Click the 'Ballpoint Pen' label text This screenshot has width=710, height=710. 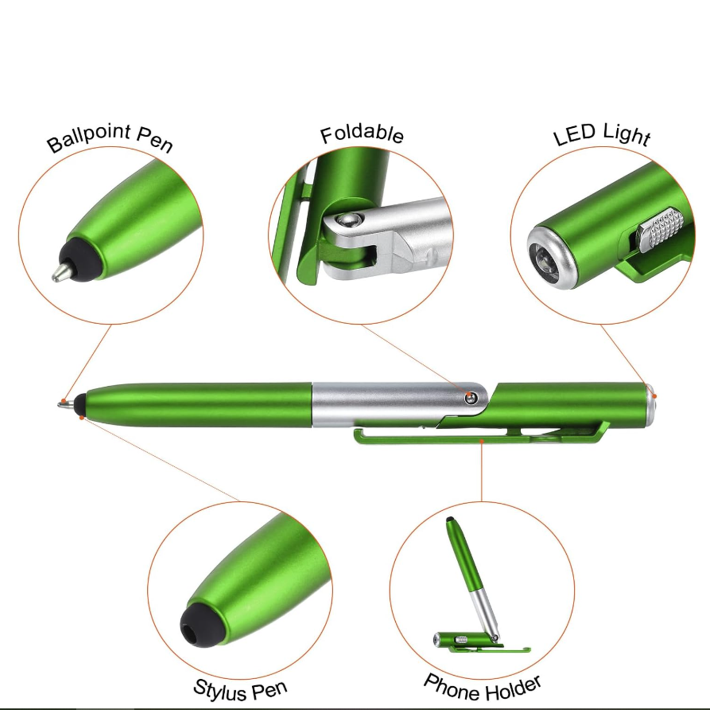click(x=110, y=138)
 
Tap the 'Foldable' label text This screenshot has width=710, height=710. click(x=362, y=134)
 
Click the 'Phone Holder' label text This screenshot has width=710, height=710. click(x=482, y=689)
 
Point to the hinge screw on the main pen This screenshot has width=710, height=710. click(x=470, y=398)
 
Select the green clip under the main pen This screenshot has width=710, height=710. click(x=473, y=439)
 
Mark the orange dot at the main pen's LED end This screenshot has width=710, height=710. click(x=655, y=396)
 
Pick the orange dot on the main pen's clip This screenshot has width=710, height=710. click(x=481, y=441)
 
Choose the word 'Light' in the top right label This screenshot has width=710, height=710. click(x=627, y=135)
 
